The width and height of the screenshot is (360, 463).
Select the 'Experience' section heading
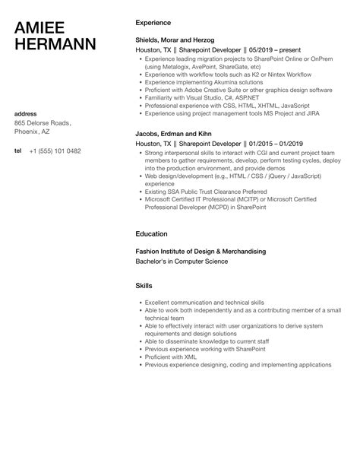[x=153, y=23]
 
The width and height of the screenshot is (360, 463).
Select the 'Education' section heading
[x=151, y=233]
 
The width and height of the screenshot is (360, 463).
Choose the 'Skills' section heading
[x=144, y=285]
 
